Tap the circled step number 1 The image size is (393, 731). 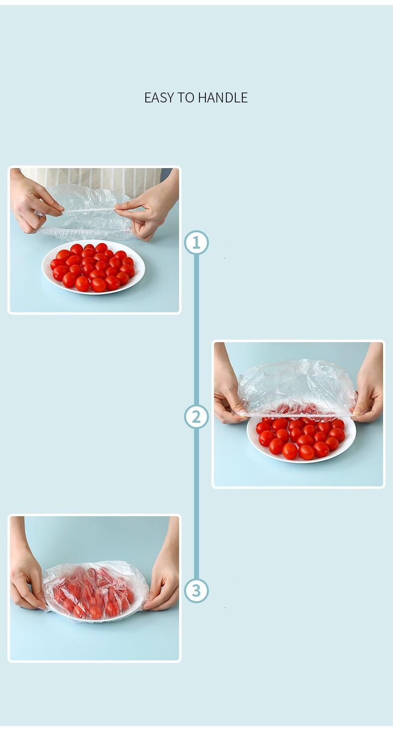tap(196, 243)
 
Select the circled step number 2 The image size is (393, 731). tap(196, 417)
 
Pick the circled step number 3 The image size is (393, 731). tap(196, 591)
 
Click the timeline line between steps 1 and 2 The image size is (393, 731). tap(196, 328)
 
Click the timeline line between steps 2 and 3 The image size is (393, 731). tap(196, 502)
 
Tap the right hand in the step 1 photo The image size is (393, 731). tap(149, 209)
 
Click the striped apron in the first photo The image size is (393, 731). tap(95, 178)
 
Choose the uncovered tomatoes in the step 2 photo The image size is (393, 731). tap(301, 438)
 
